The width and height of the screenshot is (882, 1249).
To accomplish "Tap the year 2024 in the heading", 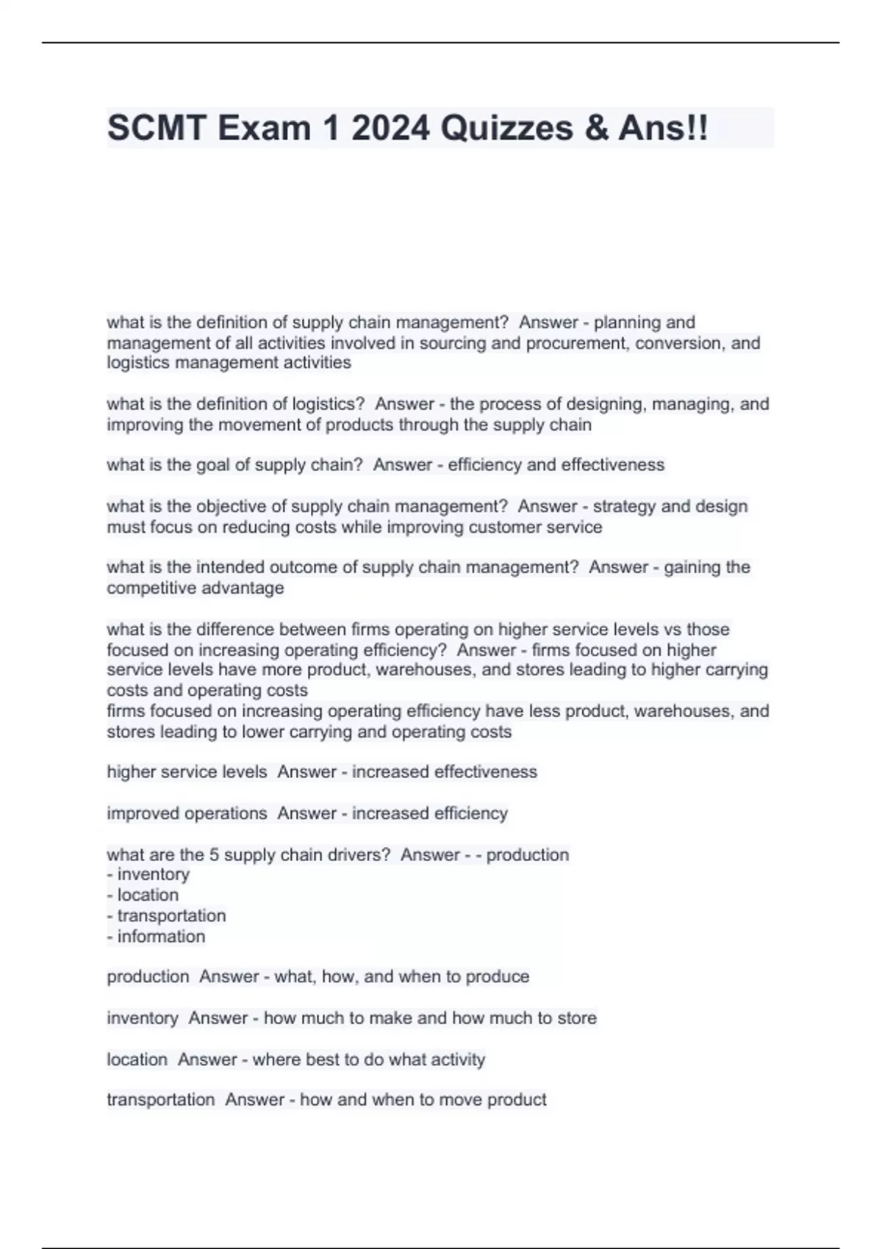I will click(390, 128).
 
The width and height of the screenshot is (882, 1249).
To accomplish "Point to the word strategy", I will click(623, 506).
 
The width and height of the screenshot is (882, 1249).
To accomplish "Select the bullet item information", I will click(161, 937).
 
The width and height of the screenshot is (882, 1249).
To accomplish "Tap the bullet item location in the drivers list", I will click(148, 895).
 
